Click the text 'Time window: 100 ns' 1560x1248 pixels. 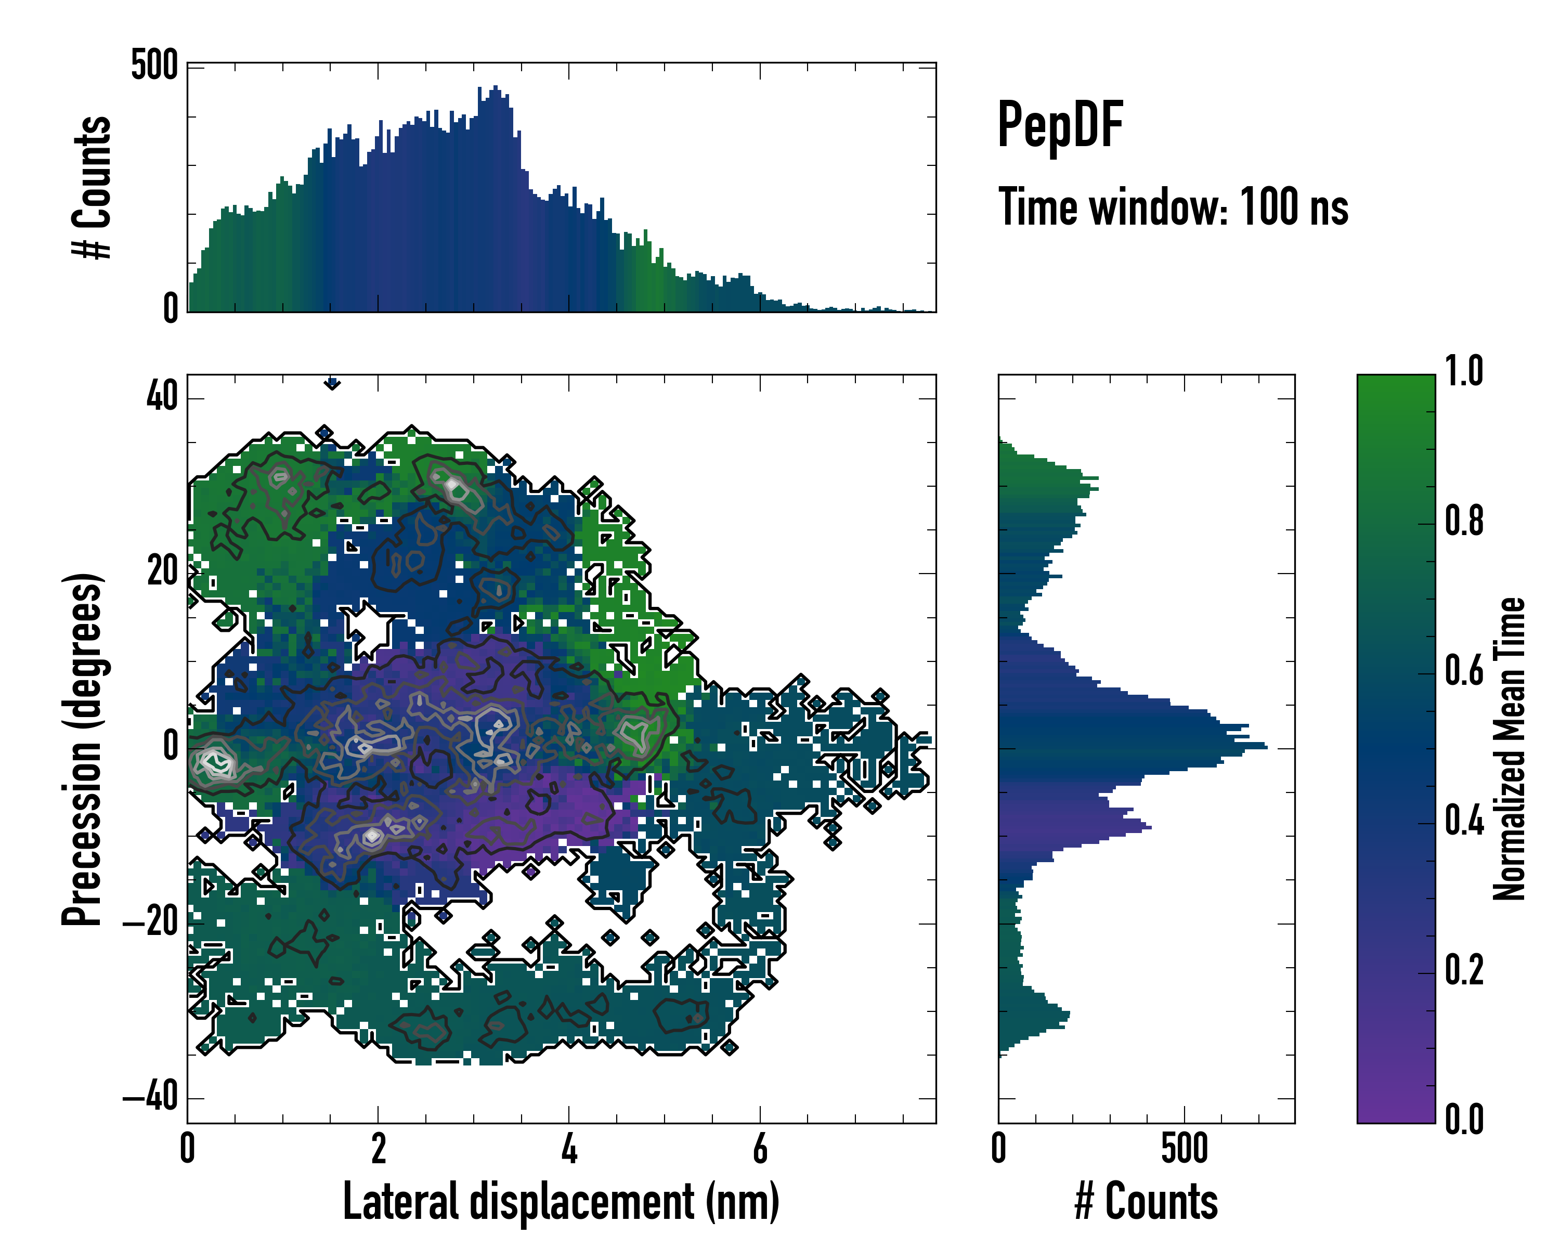[x=1173, y=207]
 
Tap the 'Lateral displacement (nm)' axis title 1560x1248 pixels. [x=561, y=1201]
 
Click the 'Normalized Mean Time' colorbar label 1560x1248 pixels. [x=1510, y=749]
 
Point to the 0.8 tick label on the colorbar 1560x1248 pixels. [x=1464, y=521]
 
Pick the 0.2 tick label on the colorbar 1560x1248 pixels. [x=1464, y=969]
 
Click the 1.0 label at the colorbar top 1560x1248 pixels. [x=1464, y=371]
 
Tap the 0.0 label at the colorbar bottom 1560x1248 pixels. [x=1464, y=1119]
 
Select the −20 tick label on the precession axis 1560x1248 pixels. [x=150, y=922]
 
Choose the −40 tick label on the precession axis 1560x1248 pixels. [x=150, y=1098]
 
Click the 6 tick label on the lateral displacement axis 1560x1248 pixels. [x=760, y=1148]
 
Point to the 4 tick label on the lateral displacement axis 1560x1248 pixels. [x=569, y=1148]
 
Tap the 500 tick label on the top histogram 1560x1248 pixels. [x=154, y=66]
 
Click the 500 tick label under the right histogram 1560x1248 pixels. [x=1185, y=1148]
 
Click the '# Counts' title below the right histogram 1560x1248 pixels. [x=1146, y=1201]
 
